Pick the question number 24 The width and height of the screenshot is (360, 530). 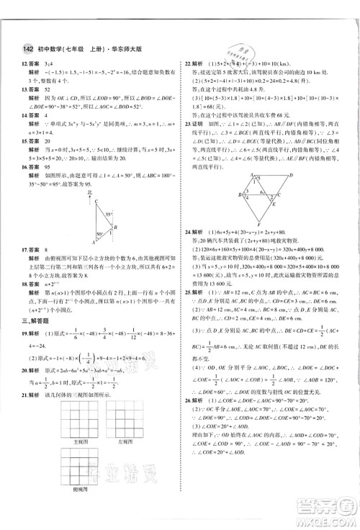point(188,234)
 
